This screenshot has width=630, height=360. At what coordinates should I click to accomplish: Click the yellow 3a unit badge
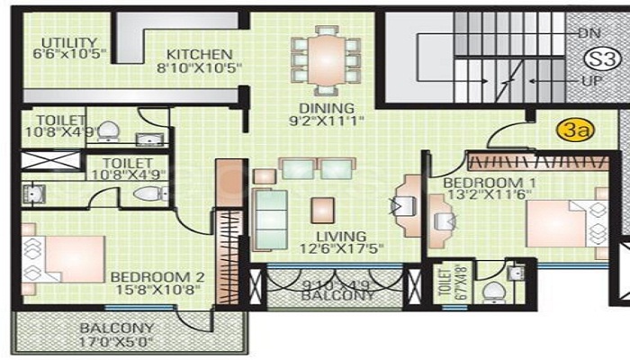(576, 130)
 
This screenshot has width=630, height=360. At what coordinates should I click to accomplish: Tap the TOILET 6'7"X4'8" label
(441, 286)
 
